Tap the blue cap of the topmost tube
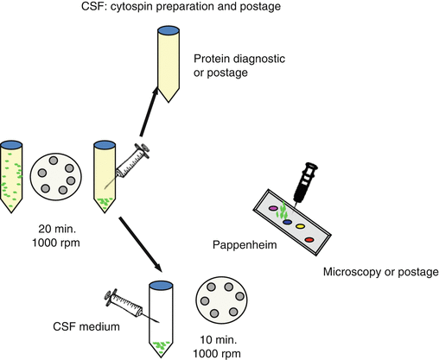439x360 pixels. [x=167, y=32]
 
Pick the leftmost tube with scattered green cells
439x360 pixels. [x=11, y=177]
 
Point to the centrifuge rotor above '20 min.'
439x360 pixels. [x=54, y=178]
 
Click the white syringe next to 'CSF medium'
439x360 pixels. [x=128, y=305]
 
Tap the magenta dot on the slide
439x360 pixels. [x=274, y=208]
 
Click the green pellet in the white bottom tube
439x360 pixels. [x=160, y=347]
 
